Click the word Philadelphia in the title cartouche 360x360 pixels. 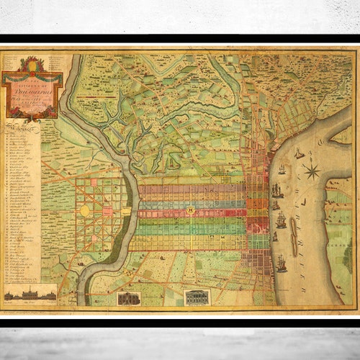tap(33, 91)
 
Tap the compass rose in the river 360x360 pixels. tap(312, 171)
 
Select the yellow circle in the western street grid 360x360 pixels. tap(85, 210)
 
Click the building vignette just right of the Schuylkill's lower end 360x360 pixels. tap(129, 298)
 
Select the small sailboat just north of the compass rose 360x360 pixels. tap(299, 153)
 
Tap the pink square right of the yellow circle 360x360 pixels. tap(107, 211)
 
